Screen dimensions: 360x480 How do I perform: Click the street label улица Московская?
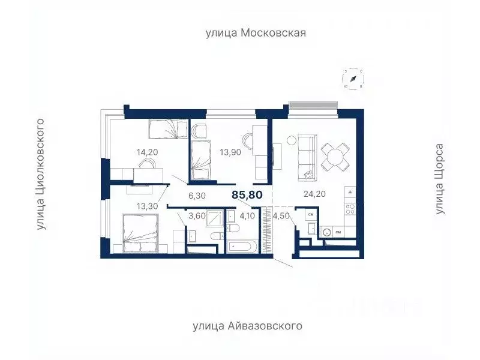pyautogui.click(x=256, y=33)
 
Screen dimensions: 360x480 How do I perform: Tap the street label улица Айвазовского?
pyautogui.click(x=247, y=326)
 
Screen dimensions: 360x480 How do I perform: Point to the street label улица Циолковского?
pyautogui.click(x=41, y=175)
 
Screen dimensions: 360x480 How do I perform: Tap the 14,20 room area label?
pyautogui.click(x=147, y=152)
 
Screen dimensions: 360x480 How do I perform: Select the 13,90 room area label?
pyautogui.click(x=230, y=152)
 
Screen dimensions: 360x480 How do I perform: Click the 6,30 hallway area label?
pyautogui.click(x=197, y=194)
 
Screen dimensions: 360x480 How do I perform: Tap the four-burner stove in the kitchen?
pyautogui.click(x=351, y=209)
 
